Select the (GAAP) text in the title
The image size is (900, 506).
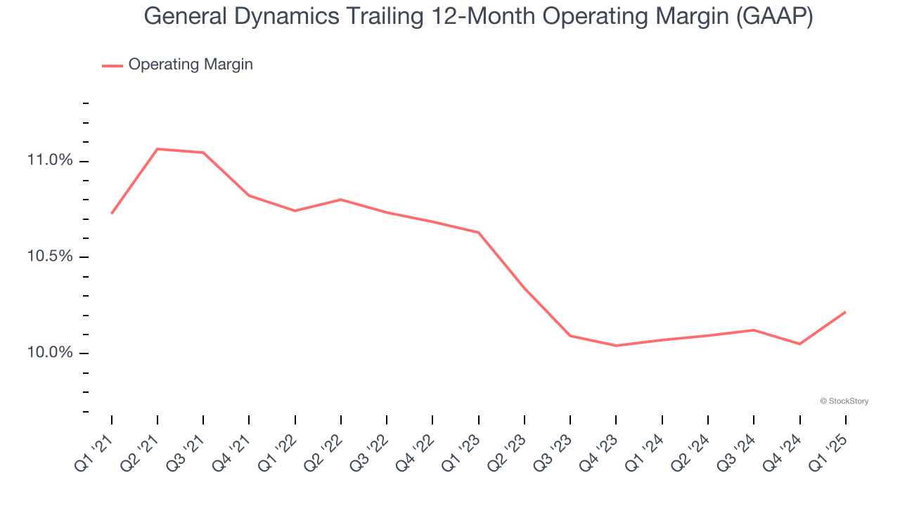pyautogui.click(x=775, y=16)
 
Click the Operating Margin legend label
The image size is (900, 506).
pyautogui.click(x=191, y=65)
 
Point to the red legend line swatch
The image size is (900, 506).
pyautogui.click(x=112, y=65)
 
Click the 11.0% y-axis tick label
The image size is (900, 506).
pyautogui.click(x=50, y=161)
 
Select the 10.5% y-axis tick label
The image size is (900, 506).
pyautogui.click(x=50, y=257)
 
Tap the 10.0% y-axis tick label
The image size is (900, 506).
pyautogui.click(x=50, y=353)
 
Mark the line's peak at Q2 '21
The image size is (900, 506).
pyautogui.click(x=157, y=149)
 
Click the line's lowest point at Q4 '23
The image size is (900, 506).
pyautogui.click(x=616, y=346)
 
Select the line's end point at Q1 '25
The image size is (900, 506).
pyautogui.click(x=845, y=312)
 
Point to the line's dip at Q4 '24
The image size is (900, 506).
pyautogui.click(x=799, y=344)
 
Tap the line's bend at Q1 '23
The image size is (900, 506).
pyautogui.click(x=479, y=233)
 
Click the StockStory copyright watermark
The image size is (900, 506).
pyautogui.click(x=844, y=401)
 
